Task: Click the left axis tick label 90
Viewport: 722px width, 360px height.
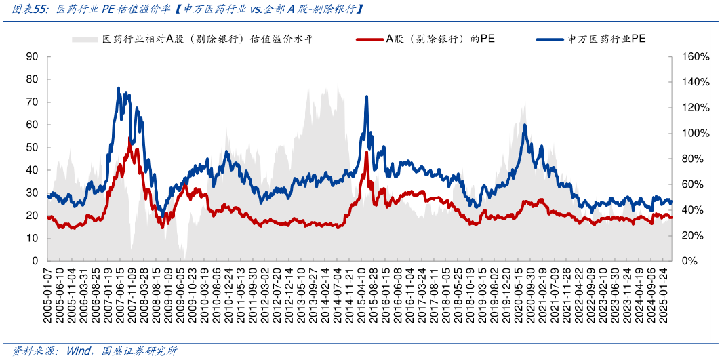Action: pos(32,56)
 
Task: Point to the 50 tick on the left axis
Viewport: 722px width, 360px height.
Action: pos(32,147)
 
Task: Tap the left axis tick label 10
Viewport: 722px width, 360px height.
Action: pos(32,238)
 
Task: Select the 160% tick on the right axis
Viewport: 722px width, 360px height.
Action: pos(696,56)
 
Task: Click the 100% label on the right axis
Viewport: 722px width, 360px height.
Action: pos(696,133)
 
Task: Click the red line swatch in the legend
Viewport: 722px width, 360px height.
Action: pos(369,39)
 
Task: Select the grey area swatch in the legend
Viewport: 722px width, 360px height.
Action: pos(85,39)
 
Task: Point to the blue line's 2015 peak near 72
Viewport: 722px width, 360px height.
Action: pos(367,96)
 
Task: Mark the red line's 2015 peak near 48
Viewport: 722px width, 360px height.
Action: pos(367,153)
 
